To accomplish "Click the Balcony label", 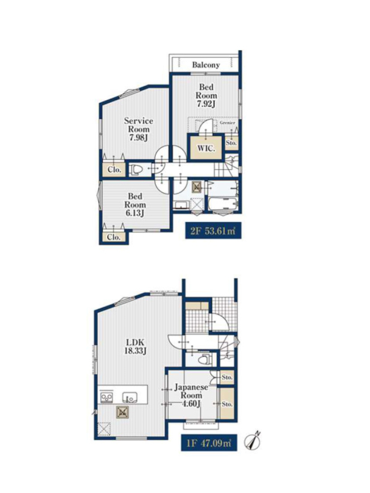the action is (x=206, y=65).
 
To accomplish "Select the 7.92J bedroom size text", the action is (x=206, y=104).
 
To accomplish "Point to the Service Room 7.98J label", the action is (x=138, y=129).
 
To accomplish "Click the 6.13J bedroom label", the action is (x=135, y=213).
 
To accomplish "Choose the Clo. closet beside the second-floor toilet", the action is (x=114, y=170).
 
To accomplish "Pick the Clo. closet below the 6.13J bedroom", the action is (x=113, y=237).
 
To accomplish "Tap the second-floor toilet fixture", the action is (x=136, y=170).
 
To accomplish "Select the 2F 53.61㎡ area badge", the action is (x=213, y=230).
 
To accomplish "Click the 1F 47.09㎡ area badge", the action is (x=209, y=443).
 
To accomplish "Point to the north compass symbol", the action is (x=253, y=440).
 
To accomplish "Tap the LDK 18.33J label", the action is (x=135, y=347).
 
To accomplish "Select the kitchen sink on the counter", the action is (x=129, y=397).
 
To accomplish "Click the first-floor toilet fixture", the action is (x=205, y=358).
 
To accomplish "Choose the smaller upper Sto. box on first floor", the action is (x=227, y=377).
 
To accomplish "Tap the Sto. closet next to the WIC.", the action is (x=231, y=143).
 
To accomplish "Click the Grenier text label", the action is (x=227, y=123).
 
